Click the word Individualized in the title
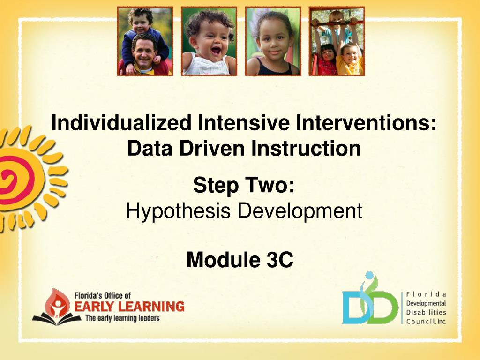tap(121, 123)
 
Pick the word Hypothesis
tap(178, 211)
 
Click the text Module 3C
tap(240, 260)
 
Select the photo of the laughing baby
tap(209, 41)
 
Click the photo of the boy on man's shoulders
tap(145, 41)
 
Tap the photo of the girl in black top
tap(273, 41)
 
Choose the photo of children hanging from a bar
tap(337, 41)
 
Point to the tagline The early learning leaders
tap(122, 318)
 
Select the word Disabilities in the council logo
tap(426, 312)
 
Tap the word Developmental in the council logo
tap(426, 303)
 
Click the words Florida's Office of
tap(103, 295)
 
